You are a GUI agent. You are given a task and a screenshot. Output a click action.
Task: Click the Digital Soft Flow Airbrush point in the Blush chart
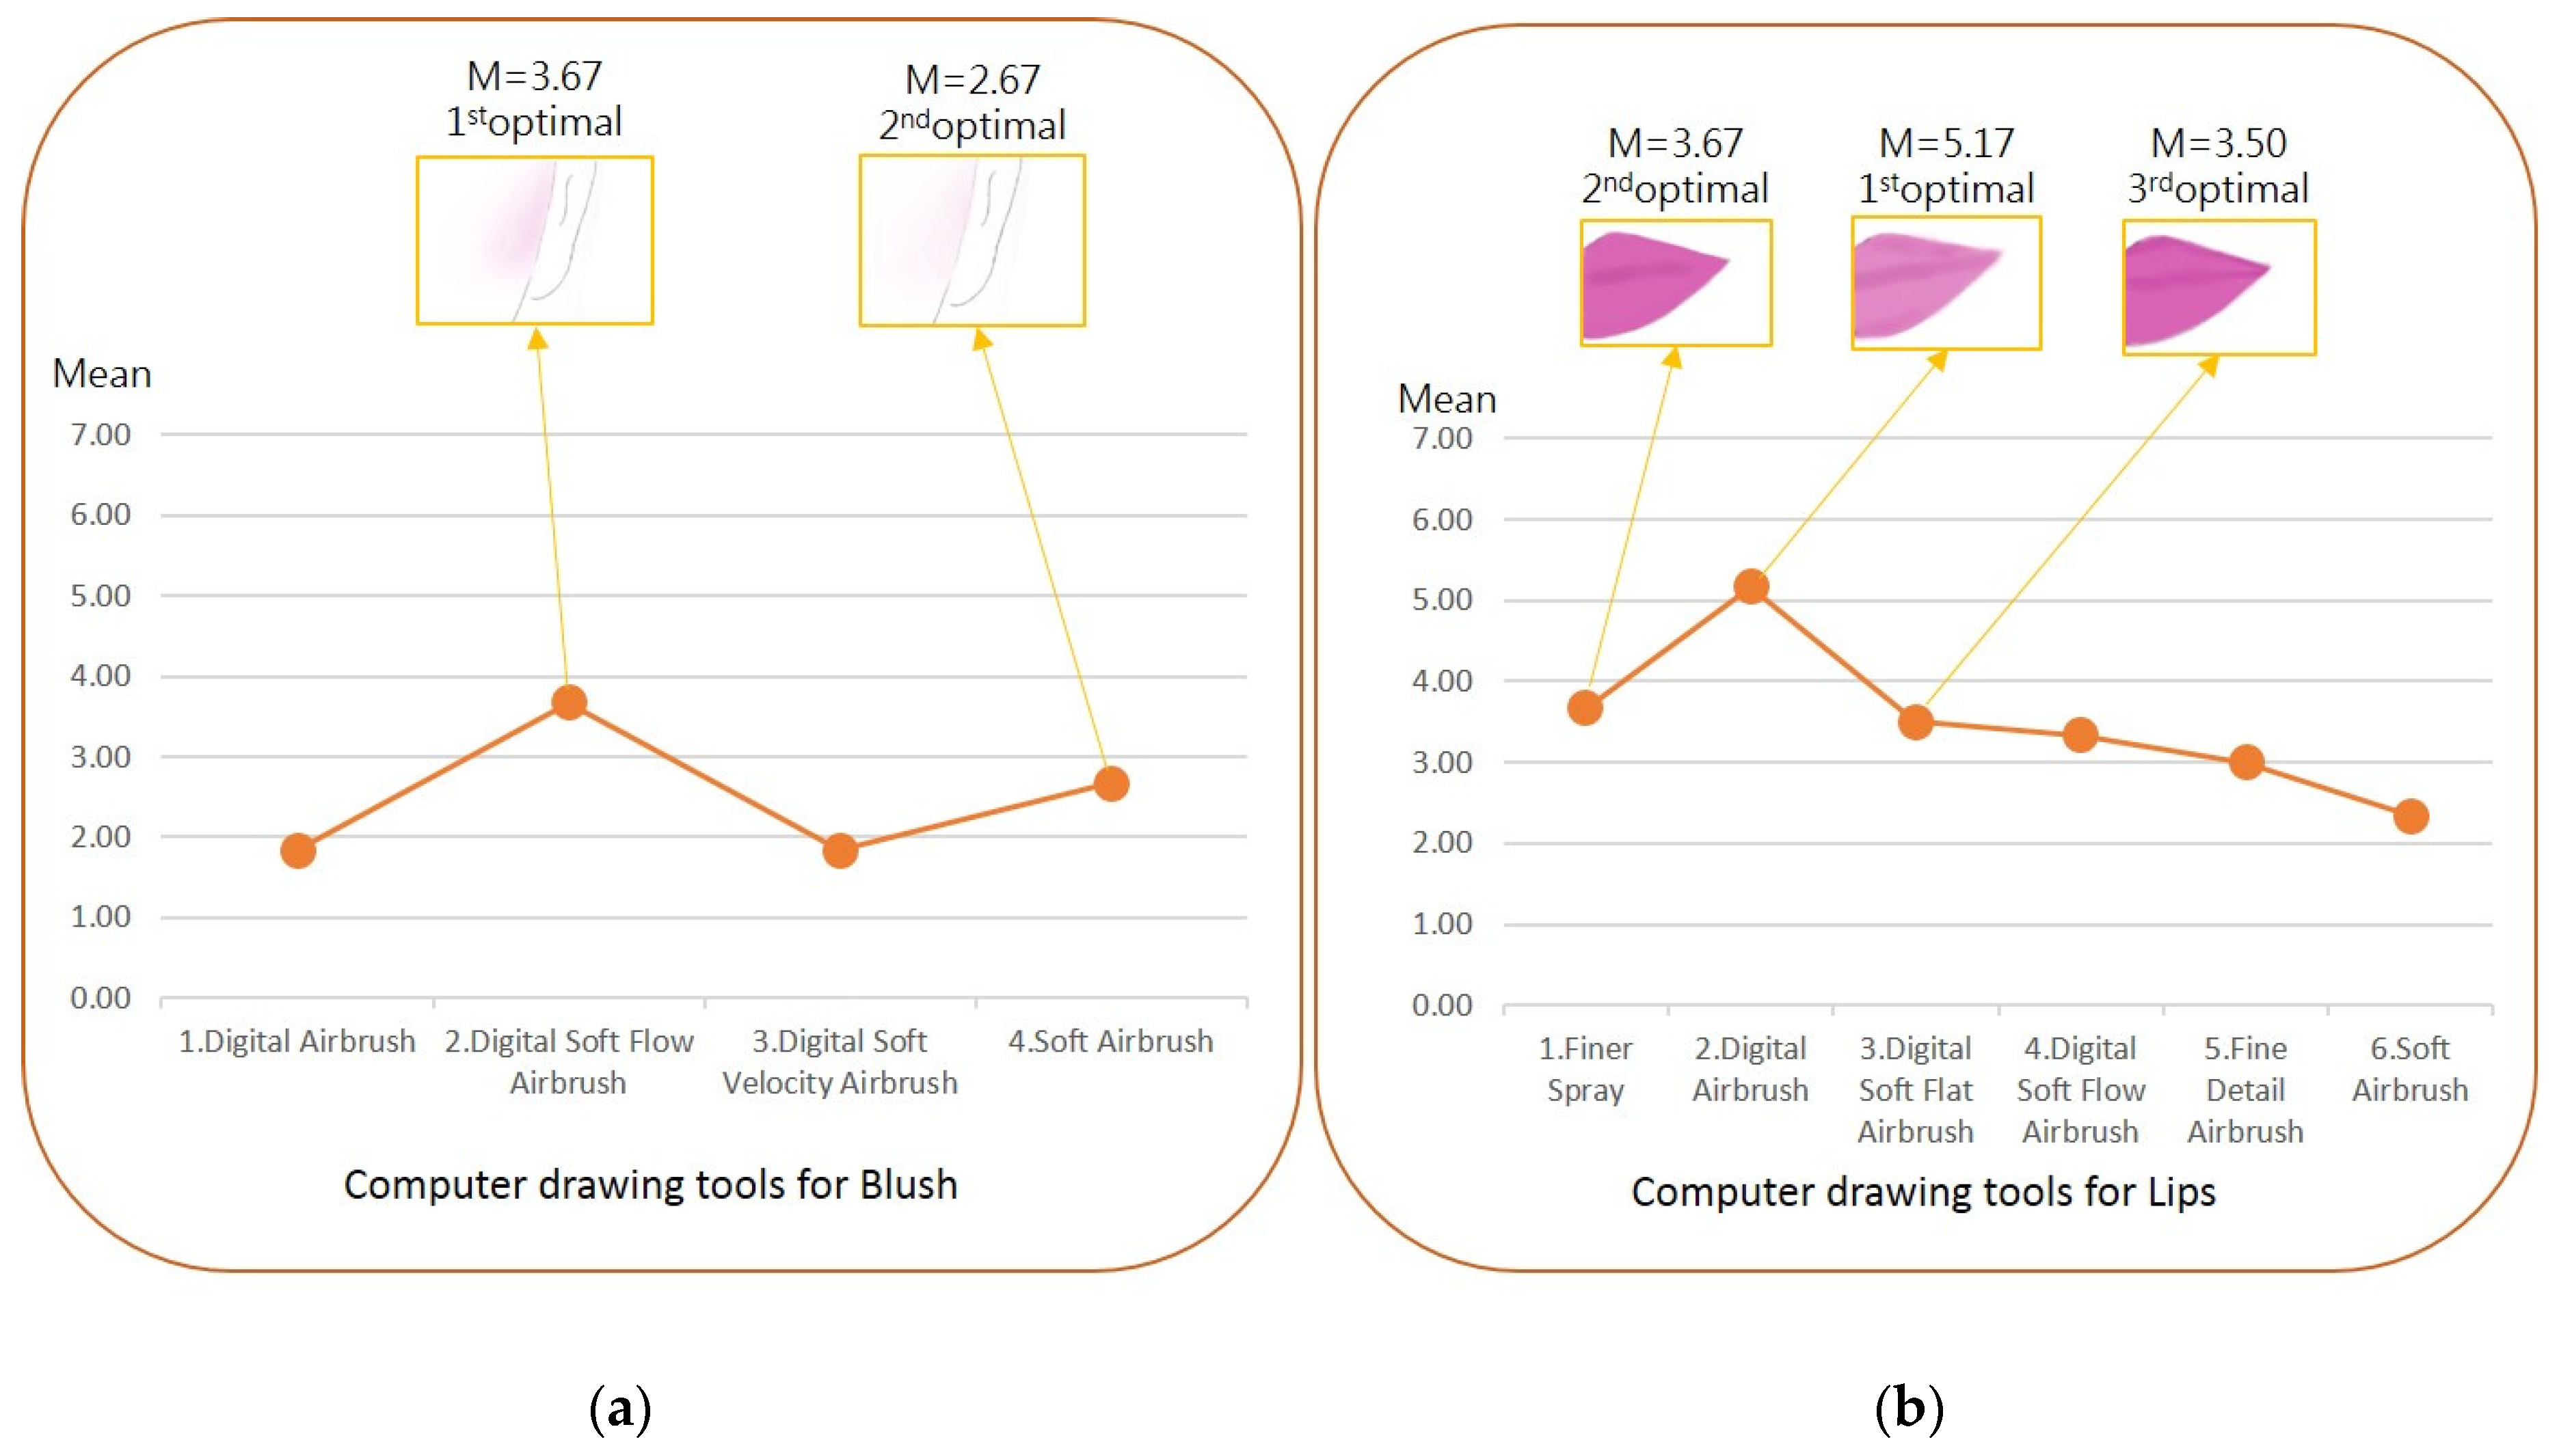pyautogui.click(x=569, y=703)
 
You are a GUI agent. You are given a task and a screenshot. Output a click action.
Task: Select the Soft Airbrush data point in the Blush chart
pyautogui.click(x=1110, y=783)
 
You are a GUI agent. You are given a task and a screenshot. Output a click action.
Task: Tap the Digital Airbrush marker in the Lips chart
pyautogui.click(x=1750, y=586)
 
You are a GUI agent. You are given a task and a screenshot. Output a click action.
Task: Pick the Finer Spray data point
pyautogui.click(x=1585, y=707)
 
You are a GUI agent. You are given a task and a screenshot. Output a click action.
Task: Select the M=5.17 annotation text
pyautogui.click(x=1946, y=143)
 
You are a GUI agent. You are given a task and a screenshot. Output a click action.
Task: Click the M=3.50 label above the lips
pyautogui.click(x=2218, y=143)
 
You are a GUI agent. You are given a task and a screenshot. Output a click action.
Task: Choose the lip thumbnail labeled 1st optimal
pyautogui.click(x=1946, y=284)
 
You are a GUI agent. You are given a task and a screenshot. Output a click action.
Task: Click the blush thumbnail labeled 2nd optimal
pyautogui.click(x=972, y=240)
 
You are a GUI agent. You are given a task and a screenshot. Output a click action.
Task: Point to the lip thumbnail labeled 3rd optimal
pyautogui.click(x=2218, y=288)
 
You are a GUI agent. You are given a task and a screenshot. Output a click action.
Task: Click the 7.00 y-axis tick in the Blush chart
pyautogui.click(x=100, y=435)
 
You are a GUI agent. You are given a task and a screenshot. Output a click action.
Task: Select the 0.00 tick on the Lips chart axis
pyautogui.click(x=1441, y=1005)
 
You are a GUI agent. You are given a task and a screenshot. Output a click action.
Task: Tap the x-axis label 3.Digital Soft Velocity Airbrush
pyautogui.click(x=840, y=1061)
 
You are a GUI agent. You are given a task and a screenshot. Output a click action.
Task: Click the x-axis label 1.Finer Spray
pyautogui.click(x=1585, y=1068)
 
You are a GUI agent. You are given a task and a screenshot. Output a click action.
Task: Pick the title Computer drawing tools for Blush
pyautogui.click(x=651, y=1184)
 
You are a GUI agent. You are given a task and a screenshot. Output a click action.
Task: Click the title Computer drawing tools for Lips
pyautogui.click(x=1923, y=1191)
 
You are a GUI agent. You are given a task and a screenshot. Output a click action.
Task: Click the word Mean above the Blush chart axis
pyautogui.click(x=102, y=374)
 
